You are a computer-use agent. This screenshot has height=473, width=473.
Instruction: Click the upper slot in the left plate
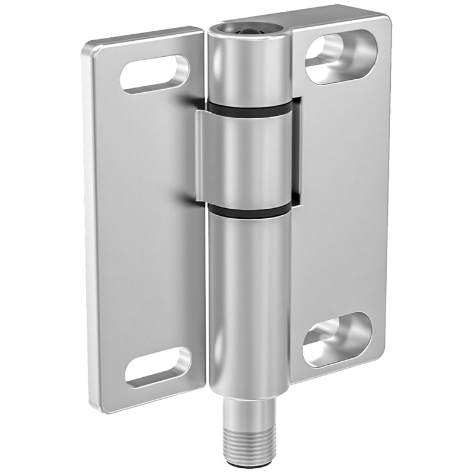(x=155, y=74)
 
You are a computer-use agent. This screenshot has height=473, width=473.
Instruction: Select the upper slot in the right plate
(x=339, y=58)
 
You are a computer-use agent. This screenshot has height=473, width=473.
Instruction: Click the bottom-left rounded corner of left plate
(x=98, y=407)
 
